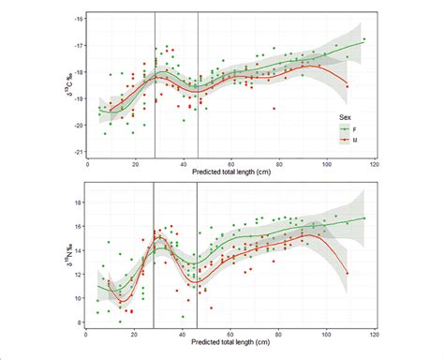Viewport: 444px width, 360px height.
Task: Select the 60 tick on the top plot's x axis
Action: [x=231, y=164]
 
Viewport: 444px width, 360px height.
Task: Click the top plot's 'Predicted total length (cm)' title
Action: [x=231, y=173]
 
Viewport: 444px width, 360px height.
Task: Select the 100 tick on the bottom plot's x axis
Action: [x=327, y=336]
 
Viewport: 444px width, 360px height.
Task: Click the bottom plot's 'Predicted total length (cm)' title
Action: [x=231, y=346]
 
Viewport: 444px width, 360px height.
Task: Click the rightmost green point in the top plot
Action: [x=364, y=39]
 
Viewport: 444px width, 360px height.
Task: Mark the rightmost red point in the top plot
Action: [x=348, y=86]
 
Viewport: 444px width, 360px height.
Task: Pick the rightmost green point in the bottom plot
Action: [x=364, y=218]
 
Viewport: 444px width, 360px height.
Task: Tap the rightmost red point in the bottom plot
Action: [x=348, y=273]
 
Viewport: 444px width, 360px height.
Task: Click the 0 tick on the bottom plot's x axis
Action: [x=87, y=336]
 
